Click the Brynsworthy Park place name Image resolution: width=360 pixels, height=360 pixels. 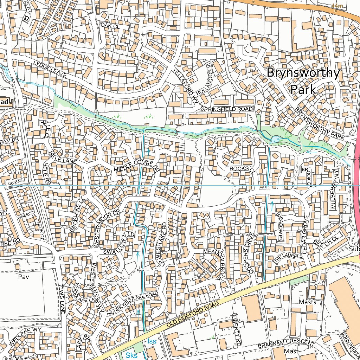(303, 81)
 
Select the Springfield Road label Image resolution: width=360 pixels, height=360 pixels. (227, 109)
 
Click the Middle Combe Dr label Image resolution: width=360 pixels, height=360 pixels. (137, 166)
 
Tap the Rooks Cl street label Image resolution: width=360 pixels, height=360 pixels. (242, 169)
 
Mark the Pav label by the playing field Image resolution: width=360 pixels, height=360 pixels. (23, 277)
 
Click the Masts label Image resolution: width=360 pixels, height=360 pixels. (307, 302)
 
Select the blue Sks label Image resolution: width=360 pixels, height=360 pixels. (131, 355)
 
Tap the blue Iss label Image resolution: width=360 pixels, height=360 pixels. (152, 341)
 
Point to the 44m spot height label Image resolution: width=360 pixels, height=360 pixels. (336, 6)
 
